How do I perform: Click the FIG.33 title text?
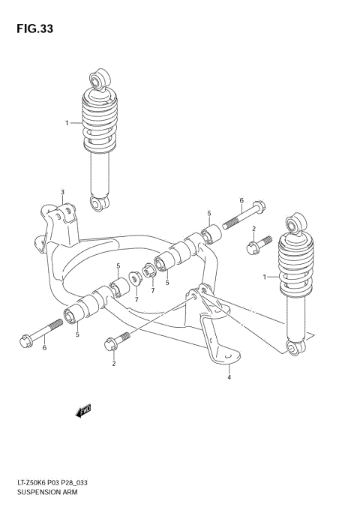pos(31,30)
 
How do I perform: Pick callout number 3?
pos(63,193)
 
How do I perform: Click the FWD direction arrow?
pos(82,409)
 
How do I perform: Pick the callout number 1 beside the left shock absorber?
pos(67,123)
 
